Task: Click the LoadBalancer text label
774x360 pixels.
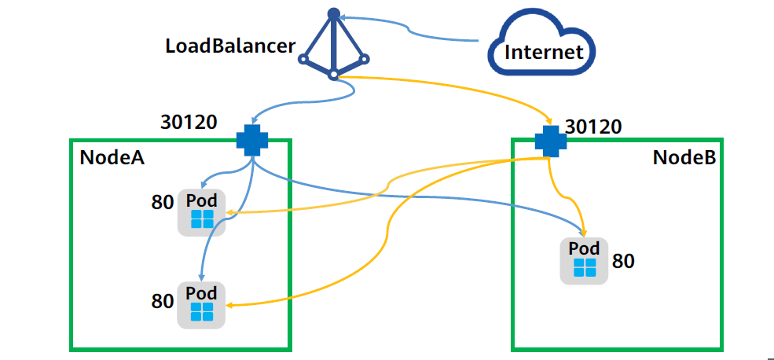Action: click(x=230, y=45)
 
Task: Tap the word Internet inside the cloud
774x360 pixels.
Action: click(x=544, y=53)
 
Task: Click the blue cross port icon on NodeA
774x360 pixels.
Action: click(x=252, y=140)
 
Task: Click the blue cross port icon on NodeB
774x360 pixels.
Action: click(x=550, y=141)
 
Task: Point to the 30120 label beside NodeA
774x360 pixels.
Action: click(x=189, y=122)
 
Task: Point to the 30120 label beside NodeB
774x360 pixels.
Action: click(x=593, y=127)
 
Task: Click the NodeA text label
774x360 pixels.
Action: click(x=112, y=157)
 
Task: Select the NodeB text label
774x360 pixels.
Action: click(x=684, y=157)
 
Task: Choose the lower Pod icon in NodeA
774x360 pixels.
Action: click(x=202, y=304)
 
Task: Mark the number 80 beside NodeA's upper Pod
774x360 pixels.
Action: click(x=162, y=204)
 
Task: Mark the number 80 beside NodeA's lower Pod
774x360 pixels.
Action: click(x=162, y=300)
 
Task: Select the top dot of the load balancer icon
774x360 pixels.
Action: click(x=333, y=13)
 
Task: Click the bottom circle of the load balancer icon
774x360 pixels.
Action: click(x=333, y=75)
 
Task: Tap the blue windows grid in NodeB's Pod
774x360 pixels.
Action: click(x=584, y=267)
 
